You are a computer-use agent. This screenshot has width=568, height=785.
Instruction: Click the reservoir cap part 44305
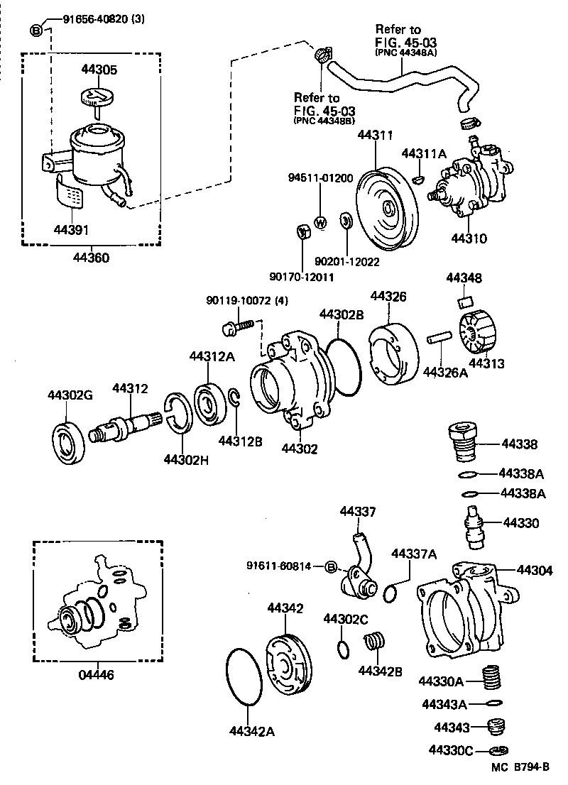97,97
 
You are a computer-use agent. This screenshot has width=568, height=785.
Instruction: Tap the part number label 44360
91,258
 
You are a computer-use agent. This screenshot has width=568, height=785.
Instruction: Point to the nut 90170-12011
301,231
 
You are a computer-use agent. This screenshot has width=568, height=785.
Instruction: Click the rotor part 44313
476,331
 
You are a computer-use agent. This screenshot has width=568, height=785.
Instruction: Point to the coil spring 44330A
490,678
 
